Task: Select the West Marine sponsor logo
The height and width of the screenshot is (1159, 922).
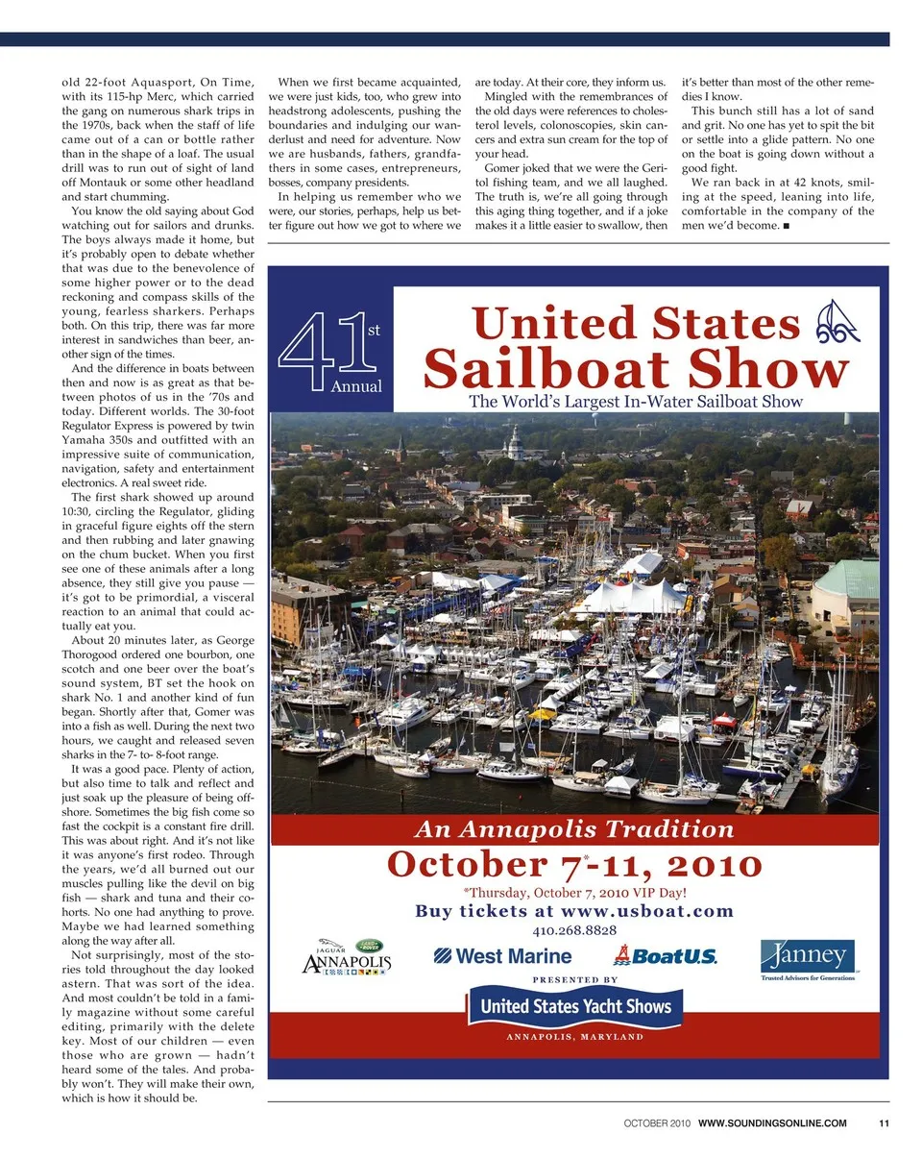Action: (502, 955)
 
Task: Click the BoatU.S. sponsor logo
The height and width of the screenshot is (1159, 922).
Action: (665, 955)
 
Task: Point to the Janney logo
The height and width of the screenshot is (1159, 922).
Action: (808, 958)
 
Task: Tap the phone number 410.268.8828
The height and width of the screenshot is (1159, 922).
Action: (574, 930)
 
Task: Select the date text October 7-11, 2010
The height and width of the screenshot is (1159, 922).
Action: (574, 864)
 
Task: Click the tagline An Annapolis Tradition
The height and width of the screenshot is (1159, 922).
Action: (574, 828)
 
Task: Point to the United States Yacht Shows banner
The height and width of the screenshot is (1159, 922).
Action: (575, 1007)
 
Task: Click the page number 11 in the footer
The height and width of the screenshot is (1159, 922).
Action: (883, 1123)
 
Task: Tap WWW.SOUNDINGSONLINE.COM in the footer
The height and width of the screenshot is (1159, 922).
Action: (772, 1123)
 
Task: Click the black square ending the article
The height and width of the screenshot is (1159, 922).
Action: (786, 226)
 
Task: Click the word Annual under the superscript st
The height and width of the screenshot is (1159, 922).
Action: (355, 386)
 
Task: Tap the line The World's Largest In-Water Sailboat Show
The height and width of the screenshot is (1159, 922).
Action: (635, 402)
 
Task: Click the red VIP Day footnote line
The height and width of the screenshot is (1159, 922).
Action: (574, 891)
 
